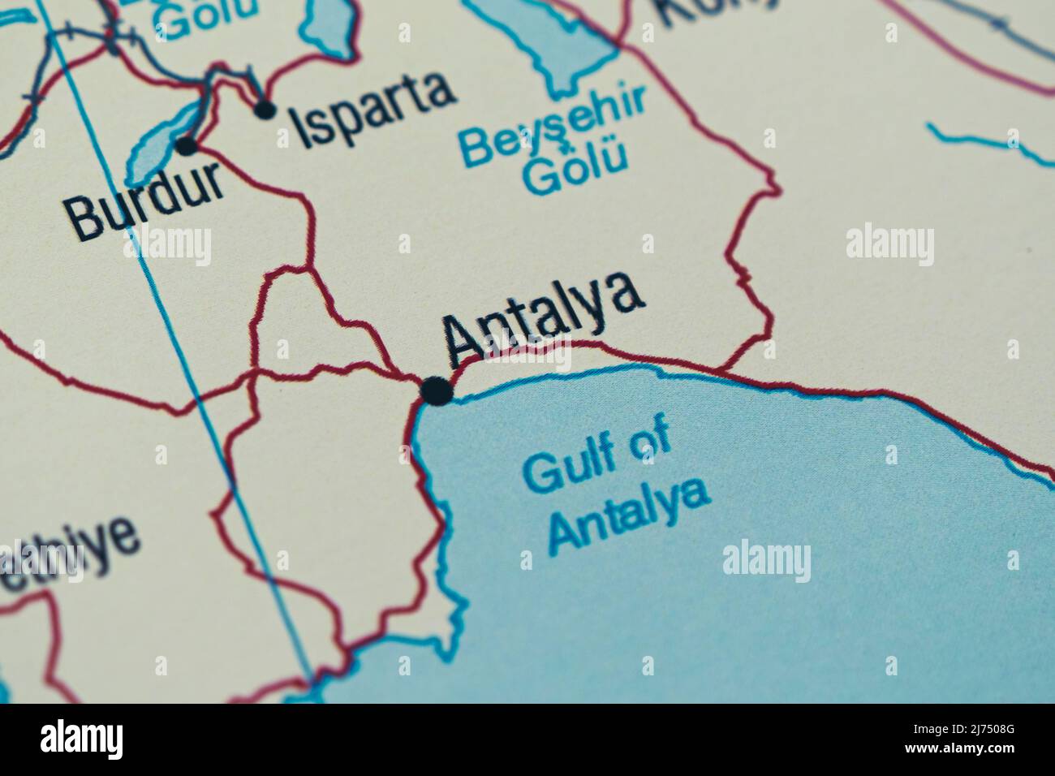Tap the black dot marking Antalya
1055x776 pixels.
pos(437,391)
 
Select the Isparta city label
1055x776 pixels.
pos(373,108)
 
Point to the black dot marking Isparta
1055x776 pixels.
pos(265,109)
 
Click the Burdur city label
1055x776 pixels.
pos(146,199)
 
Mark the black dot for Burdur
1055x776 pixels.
pos(187,146)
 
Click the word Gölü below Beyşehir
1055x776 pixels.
pos(576,170)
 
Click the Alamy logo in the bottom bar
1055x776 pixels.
pos(81,739)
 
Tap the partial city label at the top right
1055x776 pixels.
pos(714,10)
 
